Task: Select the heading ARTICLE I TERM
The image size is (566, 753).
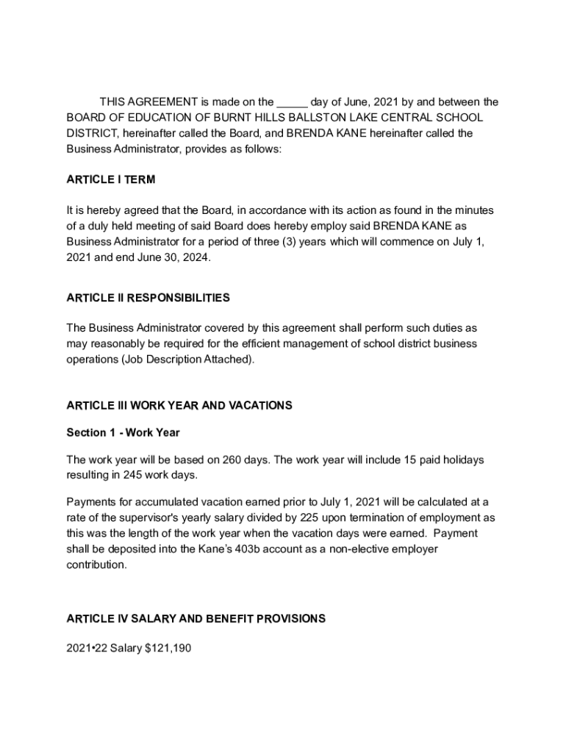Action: point(111,179)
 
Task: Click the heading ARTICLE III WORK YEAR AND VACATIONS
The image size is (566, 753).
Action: point(179,405)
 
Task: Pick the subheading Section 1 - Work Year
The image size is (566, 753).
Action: point(123,432)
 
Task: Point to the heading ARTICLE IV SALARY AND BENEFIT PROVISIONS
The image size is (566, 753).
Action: point(196,619)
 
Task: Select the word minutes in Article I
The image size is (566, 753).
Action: point(473,210)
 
